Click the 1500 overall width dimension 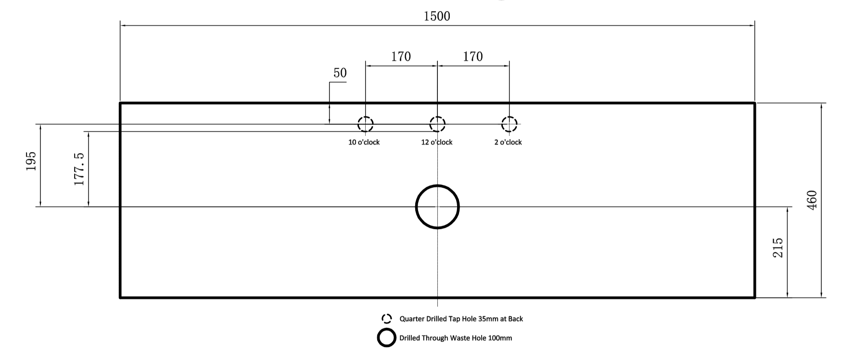point(437,16)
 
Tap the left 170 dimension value point(401,57)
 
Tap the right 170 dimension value point(472,57)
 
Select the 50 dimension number point(340,73)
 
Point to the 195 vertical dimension point(31,161)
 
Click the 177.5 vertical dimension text point(79,169)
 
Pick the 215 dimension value point(778,247)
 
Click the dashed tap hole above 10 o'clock point(365,124)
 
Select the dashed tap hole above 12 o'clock point(437,124)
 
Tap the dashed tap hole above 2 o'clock point(509,124)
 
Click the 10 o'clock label point(364,142)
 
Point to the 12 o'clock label point(436,142)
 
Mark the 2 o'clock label point(508,142)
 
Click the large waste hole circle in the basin point(437,206)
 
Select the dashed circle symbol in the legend point(386,319)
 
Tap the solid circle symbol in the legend point(386,338)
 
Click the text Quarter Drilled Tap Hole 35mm point(461,319)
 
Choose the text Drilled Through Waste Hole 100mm point(455,338)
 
